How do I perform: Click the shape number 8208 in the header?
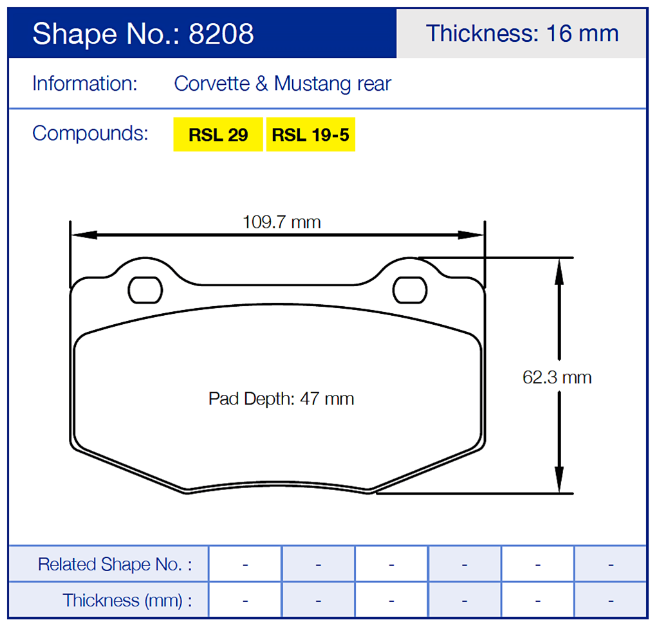(x=221, y=33)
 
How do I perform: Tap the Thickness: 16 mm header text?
(x=522, y=33)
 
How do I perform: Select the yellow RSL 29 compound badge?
(x=218, y=135)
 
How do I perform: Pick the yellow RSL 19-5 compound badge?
(x=310, y=135)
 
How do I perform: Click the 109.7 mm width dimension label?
(x=281, y=223)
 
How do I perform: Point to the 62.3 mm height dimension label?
(x=557, y=377)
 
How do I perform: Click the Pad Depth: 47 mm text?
(x=281, y=399)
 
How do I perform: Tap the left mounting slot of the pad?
(x=145, y=290)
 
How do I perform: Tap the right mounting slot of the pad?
(x=410, y=290)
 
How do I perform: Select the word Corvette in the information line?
(x=212, y=84)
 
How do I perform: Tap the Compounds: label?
(x=90, y=133)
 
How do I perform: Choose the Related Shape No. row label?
(x=115, y=565)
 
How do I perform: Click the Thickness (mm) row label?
(x=127, y=601)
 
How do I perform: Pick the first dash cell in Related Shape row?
(x=245, y=565)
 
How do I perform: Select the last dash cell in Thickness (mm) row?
(x=610, y=601)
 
